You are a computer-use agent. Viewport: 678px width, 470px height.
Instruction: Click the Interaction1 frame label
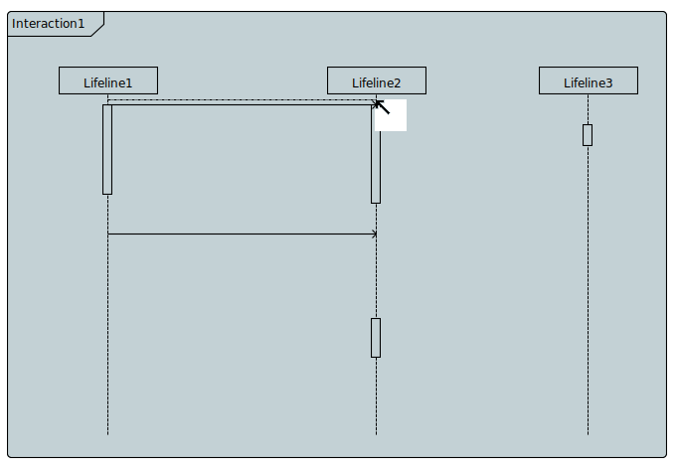(49, 23)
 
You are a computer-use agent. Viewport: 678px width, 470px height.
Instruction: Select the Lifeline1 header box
(107, 81)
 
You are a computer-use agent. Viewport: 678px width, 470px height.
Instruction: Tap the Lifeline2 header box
(376, 81)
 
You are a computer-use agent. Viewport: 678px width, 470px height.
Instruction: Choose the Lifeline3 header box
(588, 81)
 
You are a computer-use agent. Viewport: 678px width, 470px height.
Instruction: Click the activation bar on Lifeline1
(107, 149)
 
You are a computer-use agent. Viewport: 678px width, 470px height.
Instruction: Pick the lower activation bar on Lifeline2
(376, 338)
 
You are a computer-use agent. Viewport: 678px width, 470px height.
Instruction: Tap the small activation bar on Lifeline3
(588, 135)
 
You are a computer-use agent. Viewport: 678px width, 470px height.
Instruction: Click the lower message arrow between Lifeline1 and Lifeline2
(239, 235)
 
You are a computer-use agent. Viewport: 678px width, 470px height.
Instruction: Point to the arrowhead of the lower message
(374, 235)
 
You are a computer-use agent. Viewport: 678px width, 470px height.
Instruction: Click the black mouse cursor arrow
(382, 106)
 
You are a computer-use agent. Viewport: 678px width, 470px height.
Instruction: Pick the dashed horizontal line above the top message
(239, 99)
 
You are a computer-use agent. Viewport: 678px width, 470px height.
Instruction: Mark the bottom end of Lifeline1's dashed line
(107, 433)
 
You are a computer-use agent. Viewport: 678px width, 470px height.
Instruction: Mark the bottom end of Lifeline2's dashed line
(376, 433)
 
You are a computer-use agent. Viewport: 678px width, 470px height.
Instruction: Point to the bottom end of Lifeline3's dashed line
(588, 433)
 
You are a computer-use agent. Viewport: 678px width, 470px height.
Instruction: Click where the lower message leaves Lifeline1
(108, 235)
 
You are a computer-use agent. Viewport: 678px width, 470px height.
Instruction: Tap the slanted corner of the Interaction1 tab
(97, 30)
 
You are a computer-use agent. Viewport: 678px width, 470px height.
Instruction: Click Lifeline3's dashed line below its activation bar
(588, 288)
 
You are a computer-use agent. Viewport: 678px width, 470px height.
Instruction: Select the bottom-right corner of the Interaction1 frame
(664, 456)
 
